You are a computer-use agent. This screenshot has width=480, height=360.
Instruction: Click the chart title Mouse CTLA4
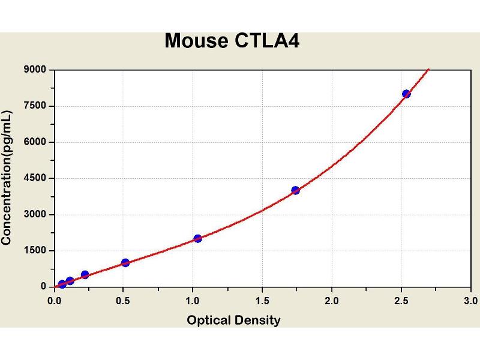coord(232,41)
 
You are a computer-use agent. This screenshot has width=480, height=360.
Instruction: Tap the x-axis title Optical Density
coord(233,320)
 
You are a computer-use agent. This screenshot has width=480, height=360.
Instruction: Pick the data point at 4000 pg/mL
coord(295,190)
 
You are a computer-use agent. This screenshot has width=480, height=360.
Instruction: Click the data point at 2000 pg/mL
coord(198,238)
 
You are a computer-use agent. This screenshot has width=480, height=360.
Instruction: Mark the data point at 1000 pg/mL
coord(125,262)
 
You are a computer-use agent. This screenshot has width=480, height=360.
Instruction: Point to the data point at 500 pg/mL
coord(85,275)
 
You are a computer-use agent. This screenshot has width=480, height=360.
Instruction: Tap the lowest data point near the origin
coord(62,284)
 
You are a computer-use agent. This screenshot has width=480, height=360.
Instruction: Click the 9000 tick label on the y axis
coord(36,70)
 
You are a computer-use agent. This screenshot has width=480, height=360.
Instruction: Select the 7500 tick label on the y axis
coord(36,106)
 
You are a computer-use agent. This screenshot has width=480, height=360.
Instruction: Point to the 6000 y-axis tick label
coord(36,142)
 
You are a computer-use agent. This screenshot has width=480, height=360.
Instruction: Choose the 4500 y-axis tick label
coord(36,178)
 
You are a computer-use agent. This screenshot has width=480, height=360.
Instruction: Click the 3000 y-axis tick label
coord(36,214)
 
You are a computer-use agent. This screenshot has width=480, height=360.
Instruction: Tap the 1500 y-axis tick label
coord(36,250)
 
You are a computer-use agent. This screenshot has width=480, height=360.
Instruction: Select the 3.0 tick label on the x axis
coord(470,299)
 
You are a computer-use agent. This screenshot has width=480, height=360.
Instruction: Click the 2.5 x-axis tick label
coord(401,299)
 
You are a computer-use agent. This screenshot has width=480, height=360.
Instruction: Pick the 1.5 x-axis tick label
coord(262,299)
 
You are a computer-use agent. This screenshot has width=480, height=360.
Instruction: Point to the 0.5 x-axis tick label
coord(124,299)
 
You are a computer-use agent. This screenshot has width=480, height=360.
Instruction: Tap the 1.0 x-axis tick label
coord(193,299)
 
